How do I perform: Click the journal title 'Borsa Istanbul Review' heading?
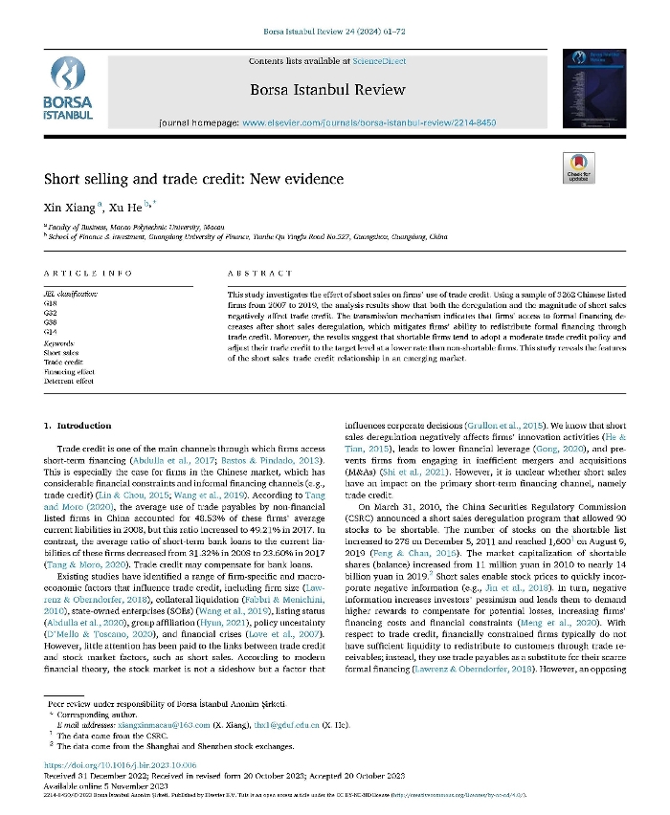327,90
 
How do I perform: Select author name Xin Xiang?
67,208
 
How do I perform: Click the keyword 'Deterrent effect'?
69,381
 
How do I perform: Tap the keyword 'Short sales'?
62,352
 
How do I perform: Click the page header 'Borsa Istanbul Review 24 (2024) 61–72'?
334,33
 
